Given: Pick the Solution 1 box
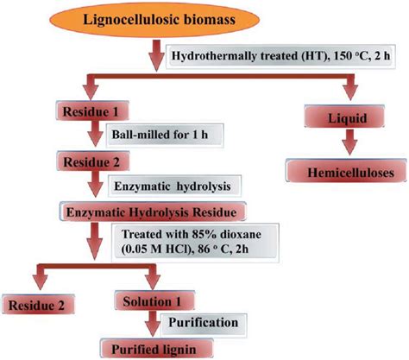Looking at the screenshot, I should point(154,303).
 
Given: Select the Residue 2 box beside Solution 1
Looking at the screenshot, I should point(39,304).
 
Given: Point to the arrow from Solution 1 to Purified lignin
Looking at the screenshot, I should point(154,325).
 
